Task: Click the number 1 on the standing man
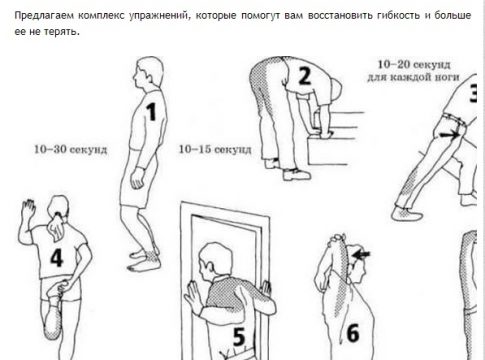[x=151, y=112]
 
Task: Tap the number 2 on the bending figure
[x=304, y=76]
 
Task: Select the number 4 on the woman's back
[x=57, y=258]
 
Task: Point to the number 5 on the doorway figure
[x=239, y=336]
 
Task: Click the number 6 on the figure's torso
[x=353, y=333]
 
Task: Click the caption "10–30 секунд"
[x=71, y=149]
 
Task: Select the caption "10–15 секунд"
[x=215, y=149]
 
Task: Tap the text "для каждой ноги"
[x=413, y=77]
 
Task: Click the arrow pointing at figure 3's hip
[x=449, y=135]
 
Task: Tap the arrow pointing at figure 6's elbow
[x=361, y=255]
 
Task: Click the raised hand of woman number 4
[x=28, y=209]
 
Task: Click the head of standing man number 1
[x=149, y=73]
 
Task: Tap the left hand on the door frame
[x=192, y=296]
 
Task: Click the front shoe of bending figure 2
[x=296, y=174]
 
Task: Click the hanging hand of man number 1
[x=137, y=179]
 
